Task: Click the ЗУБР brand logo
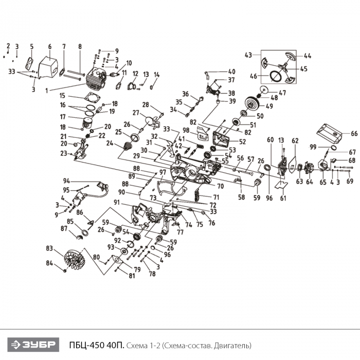34,344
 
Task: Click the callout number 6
50,47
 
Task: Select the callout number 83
49,248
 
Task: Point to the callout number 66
354,133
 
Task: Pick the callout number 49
268,107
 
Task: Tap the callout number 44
307,56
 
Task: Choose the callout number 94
66,181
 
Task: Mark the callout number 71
217,197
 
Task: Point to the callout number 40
231,71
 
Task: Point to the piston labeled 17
88,121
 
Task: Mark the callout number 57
251,159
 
